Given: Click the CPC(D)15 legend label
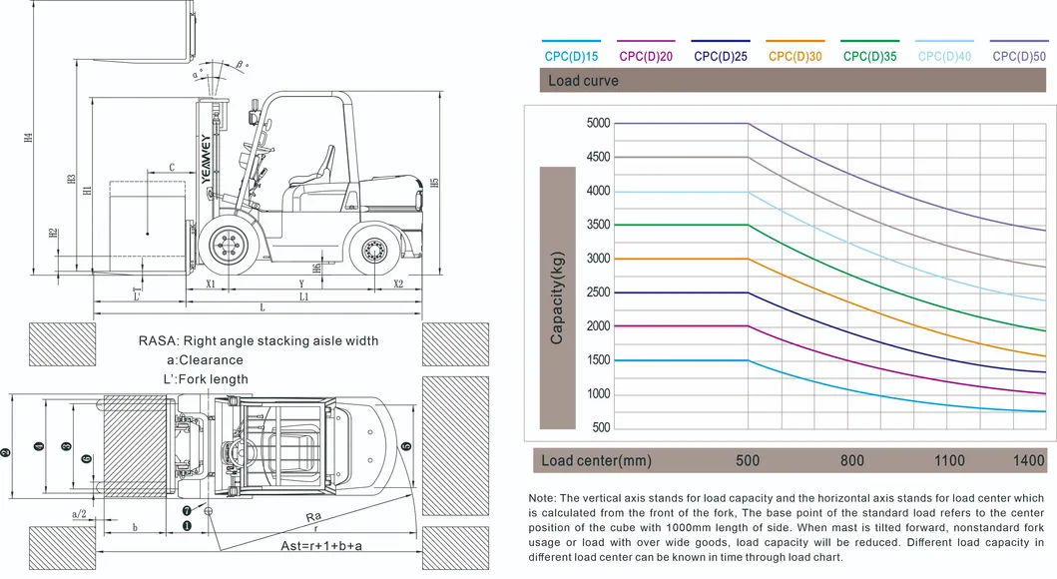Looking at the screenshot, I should point(571,57).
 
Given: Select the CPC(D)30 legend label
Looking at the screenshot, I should point(794,57).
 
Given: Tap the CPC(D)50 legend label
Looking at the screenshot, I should point(1019,57).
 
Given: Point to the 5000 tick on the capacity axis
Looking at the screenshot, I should point(598,124).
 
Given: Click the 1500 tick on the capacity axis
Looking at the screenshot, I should point(598,360).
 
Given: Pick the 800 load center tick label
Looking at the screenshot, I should point(851,461).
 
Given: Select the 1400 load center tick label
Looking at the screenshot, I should point(1028,461).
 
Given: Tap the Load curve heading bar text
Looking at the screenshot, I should point(583,81).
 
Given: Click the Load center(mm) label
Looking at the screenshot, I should point(595,461).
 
